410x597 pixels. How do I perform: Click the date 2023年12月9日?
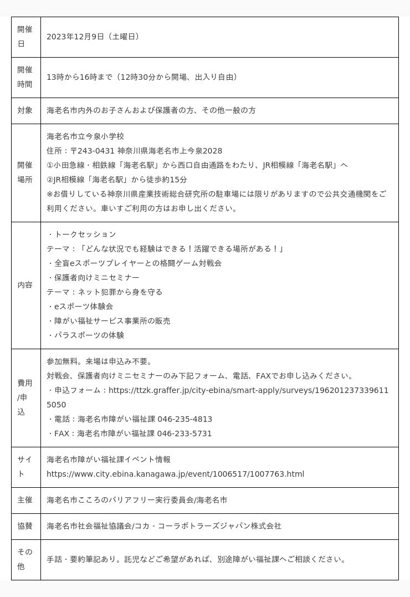coord(75,37)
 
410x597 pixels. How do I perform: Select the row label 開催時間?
coord(25,77)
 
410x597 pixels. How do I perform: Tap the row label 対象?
coord(25,110)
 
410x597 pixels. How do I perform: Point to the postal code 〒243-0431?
coord(93,151)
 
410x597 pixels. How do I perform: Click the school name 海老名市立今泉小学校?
coord(85,136)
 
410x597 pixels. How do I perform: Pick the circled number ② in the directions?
coord(50,180)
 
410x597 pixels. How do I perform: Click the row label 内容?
coord(25,285)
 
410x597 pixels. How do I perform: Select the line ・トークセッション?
coord(82,234)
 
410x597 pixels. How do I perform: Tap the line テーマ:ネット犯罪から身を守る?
coord(105,292)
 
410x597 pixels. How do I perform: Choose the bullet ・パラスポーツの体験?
coord(86,335)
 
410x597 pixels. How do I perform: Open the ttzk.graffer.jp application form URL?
coord(248,390)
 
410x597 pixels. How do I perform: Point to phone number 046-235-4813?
coord(184,419)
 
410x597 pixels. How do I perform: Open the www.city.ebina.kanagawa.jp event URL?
coord(175,474)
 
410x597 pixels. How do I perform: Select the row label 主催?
coord(25,500)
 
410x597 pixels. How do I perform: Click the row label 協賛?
coord(25,526)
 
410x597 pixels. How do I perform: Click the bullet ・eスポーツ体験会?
coord(81,307)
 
